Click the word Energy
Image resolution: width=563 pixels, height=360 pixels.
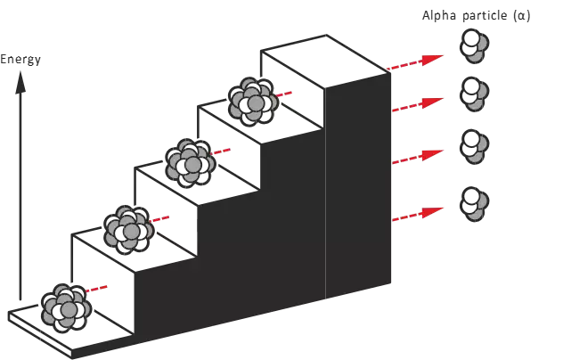pyautogui.click(x=20, y=60)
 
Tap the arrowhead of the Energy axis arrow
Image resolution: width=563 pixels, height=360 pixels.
pyautogui.click(x=20, y=80)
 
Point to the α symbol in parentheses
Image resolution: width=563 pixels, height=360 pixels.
pyautogui.click(x=522, y=17)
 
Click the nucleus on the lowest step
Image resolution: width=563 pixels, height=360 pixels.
pyautogui.click(x=65, y=304)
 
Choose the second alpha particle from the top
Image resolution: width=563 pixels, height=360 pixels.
pyautogui.click(x=472, y=94)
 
